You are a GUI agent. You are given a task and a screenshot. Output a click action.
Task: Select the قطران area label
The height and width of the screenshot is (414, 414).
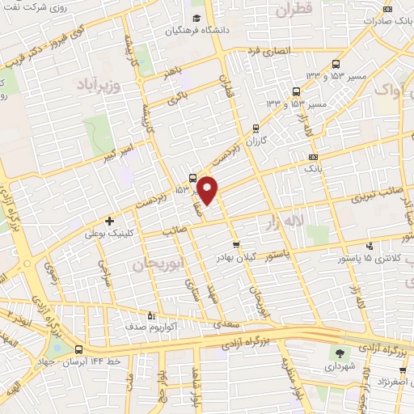pos(293,11)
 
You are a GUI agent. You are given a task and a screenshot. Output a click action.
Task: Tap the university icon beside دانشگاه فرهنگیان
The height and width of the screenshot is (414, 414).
pos(196,18)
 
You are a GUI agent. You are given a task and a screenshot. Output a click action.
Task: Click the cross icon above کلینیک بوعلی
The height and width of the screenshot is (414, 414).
pos(110,220)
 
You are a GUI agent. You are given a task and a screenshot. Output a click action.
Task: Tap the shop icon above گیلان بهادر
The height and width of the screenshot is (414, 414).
pos(235,244)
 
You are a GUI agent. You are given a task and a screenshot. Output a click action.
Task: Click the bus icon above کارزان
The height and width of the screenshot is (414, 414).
pos(256,128)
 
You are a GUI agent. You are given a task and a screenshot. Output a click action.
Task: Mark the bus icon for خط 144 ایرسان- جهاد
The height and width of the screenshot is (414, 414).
pos(78,350)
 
